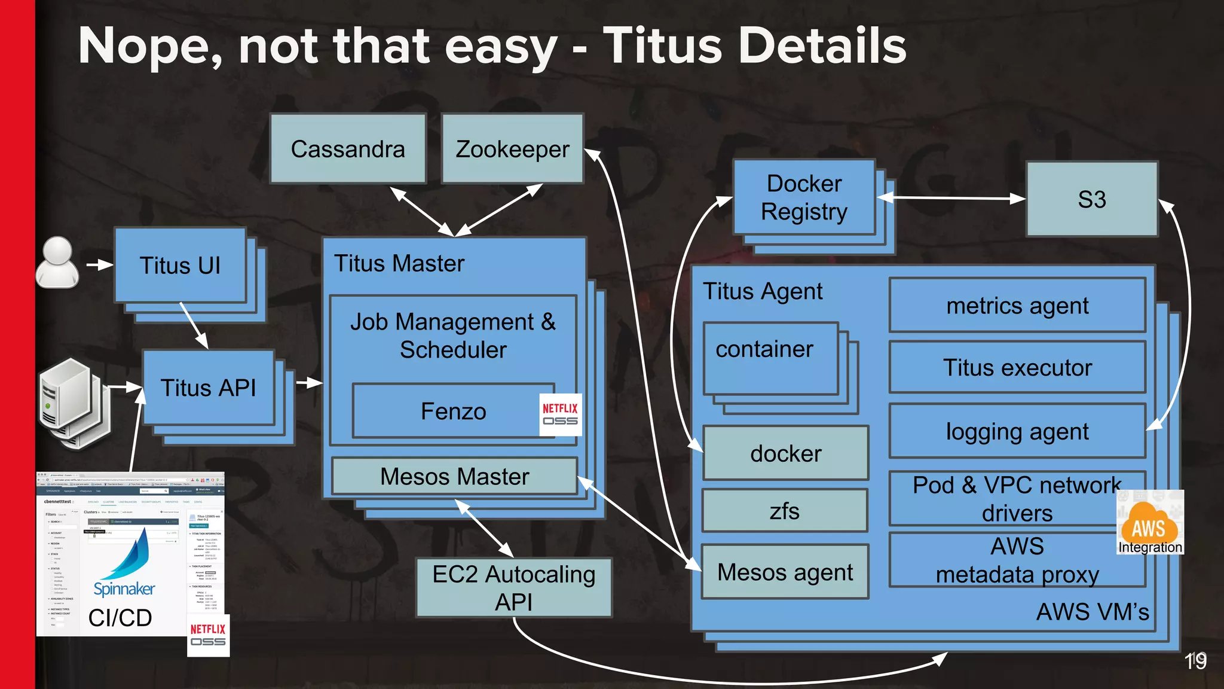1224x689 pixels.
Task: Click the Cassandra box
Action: [348, 149]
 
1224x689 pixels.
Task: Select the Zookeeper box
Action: [512, 149]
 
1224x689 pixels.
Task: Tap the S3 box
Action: [1091, 199]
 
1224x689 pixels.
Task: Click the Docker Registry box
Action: [804, 197]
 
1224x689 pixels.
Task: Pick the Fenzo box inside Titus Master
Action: [453, 411]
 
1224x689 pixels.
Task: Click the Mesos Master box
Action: [454, 477]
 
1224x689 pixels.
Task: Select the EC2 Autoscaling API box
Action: [513, 588]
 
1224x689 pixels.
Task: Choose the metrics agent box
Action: [1017, 306]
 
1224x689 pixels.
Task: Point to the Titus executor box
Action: [1017, 367]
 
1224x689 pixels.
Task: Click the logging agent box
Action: [1017, 431]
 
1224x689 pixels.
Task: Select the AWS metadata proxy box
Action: [1017, 560]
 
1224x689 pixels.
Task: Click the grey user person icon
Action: [57, 263]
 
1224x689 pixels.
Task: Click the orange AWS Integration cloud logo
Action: [1149, 523]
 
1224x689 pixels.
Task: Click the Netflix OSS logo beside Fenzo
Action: [560, 414]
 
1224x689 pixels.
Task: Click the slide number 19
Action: [1195, 661]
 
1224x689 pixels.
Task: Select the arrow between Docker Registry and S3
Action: [951, 198]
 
